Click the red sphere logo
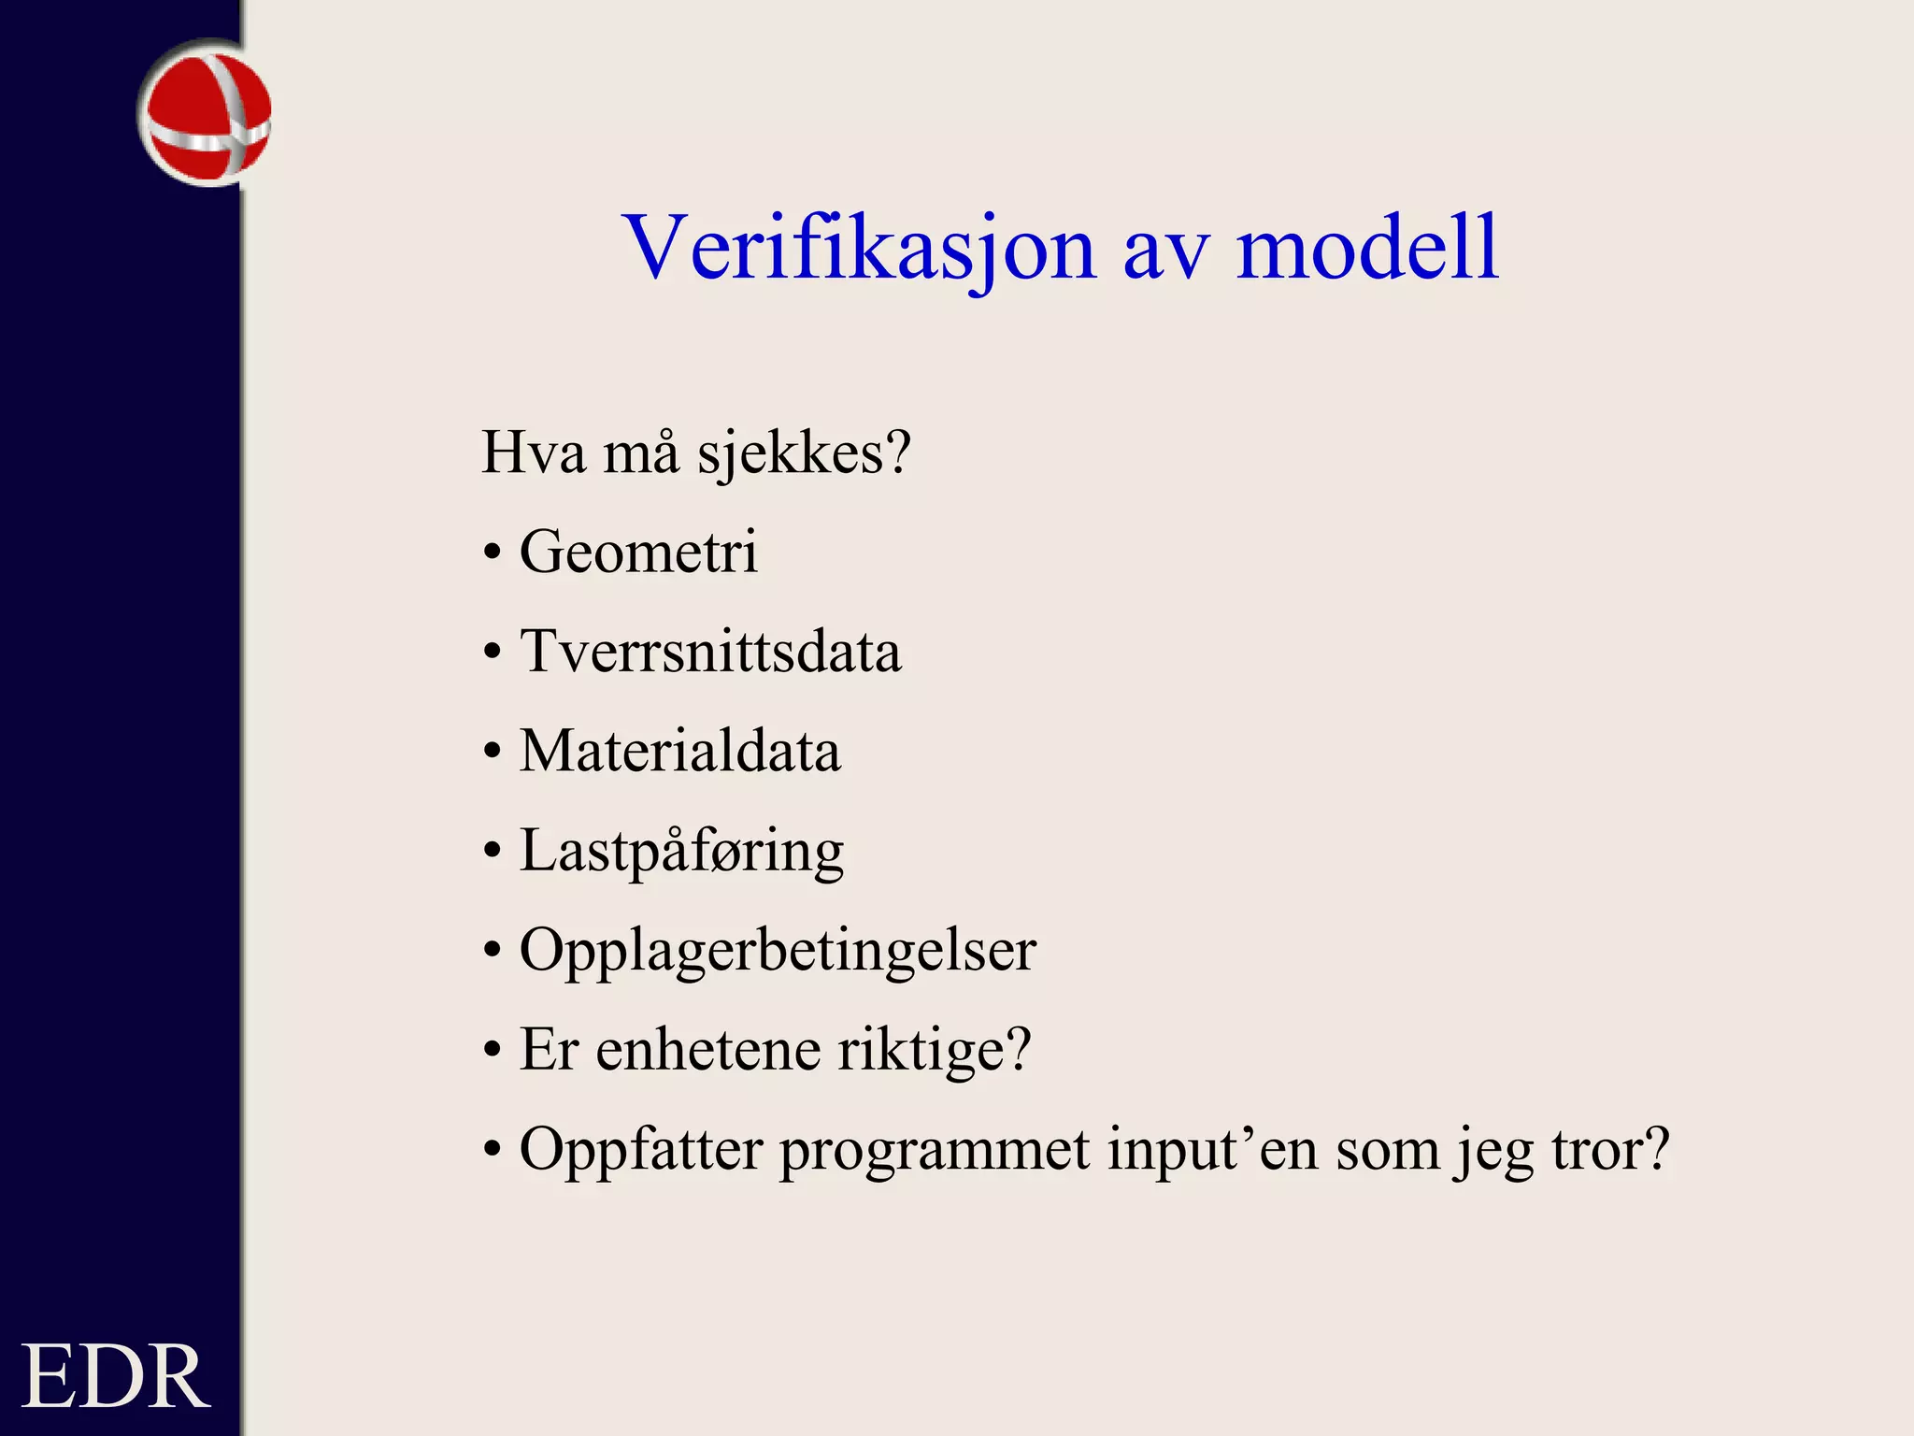(x=206, y=114)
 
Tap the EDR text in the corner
(x=114, y=1376)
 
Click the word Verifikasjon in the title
(x=859, y=248)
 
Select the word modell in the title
(x=1367, y=248)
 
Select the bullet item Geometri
(x=638, y=552)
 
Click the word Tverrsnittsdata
(x=710, y=651)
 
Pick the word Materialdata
(x=679, y=751)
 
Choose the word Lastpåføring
(x=681, y=852)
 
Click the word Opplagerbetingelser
(x=778, y=952)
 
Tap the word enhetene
(x=708, y=1050)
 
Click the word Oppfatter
(x=641, y=1149)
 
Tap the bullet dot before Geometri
(x=493, y=553)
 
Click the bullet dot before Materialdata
(x=493, y=753)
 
